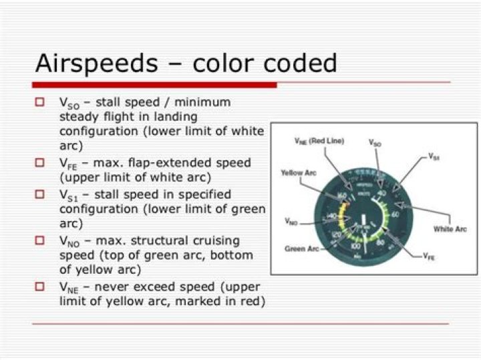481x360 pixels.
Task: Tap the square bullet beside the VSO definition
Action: click(x=40, y=102)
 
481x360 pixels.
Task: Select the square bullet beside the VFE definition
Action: click(x=40, y=162)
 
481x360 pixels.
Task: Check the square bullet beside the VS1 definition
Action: click(x=40, y=194)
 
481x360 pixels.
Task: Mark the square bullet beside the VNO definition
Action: click(x=40, y=240)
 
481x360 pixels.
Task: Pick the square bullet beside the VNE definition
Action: click(x=40, y=286)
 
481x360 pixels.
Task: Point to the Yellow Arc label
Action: click(x=297, y=172)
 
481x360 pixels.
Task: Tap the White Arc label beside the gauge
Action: click(x=450, y=229)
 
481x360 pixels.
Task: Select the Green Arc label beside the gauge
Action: click(x=302, y=248)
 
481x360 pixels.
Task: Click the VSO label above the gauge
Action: click(x=375, y=142)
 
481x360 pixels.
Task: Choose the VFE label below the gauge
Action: click(x=428, y=256)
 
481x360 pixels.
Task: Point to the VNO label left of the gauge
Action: click(x=291, y=220)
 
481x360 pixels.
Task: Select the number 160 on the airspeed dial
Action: click(x=341, y=196)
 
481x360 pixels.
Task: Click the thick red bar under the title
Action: click(x=154, y=85)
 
